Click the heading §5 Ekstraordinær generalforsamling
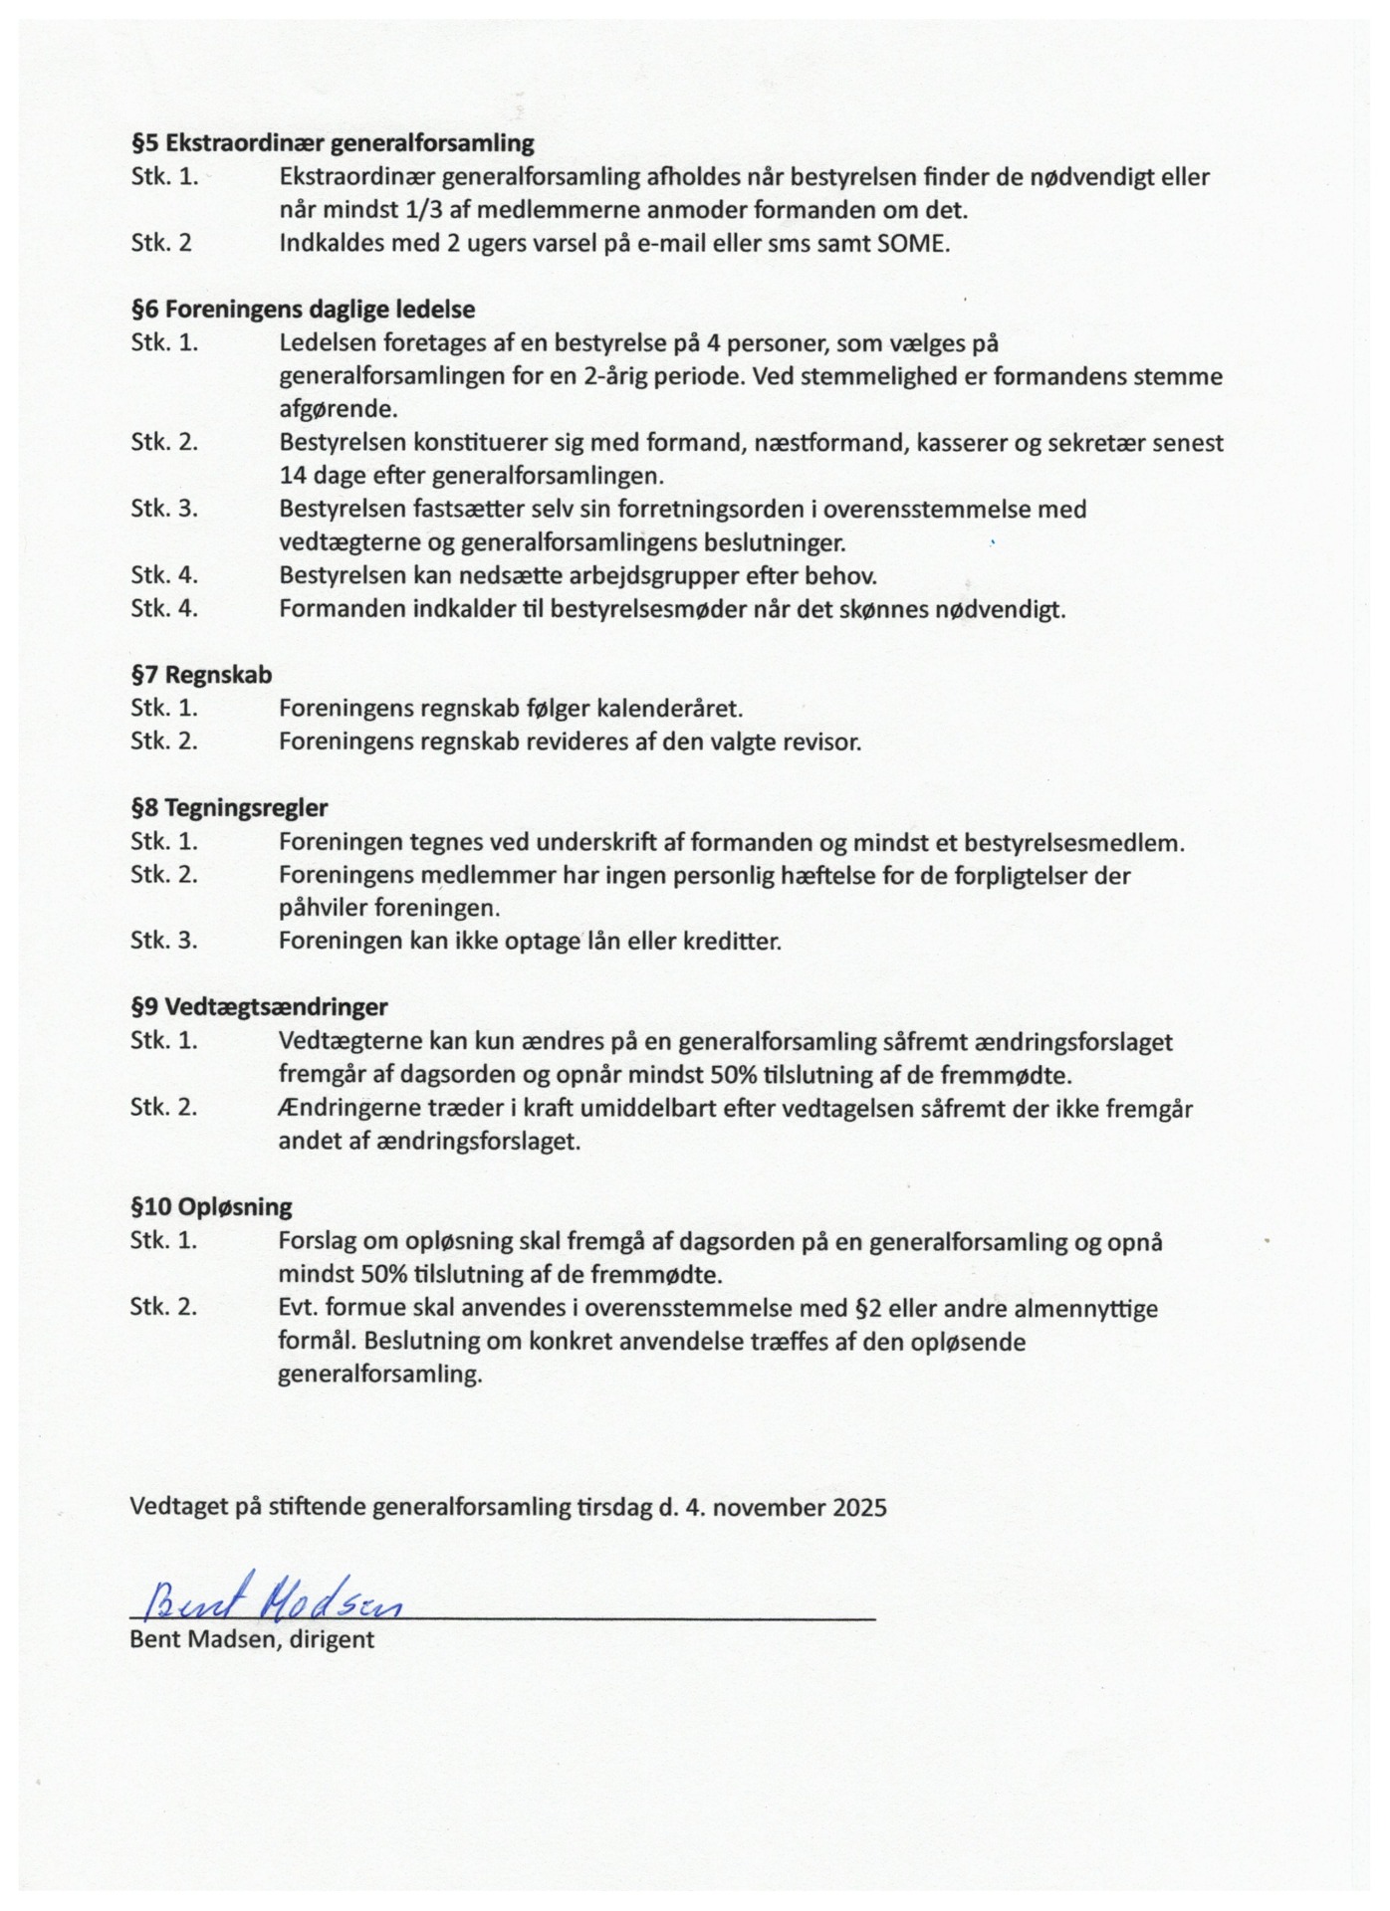(333, 143)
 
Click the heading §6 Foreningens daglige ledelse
(303, 310)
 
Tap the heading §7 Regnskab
(201, 675)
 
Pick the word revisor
(820, 742)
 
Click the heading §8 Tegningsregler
(229, 807)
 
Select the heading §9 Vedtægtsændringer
(259, 1006)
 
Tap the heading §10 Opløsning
(211, 1207)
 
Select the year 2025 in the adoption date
(859, 1507)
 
